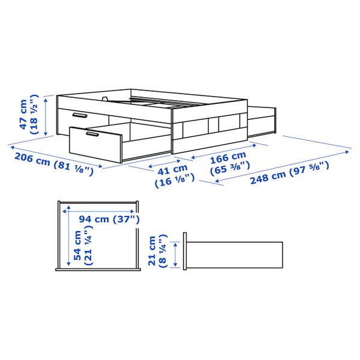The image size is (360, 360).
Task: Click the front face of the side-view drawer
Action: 186,254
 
